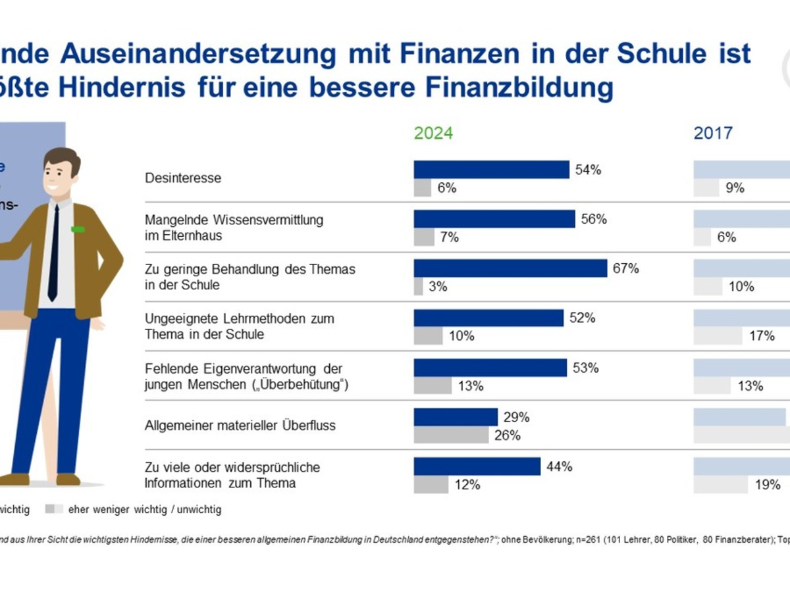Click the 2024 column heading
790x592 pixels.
coord(433,133)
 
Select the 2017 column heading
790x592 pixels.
coord(713,133)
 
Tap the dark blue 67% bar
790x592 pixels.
coord(510,268)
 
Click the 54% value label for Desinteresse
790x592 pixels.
coord(588,170)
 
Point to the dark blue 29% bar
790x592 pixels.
coord(456,417)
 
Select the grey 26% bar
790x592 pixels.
coord(452,435)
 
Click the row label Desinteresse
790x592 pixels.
coord(183,178)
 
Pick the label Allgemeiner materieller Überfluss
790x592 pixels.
coord(240,426)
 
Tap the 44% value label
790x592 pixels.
coord(559,467)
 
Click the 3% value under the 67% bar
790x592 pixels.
coord(438,287)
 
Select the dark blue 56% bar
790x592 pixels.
coord(494,219)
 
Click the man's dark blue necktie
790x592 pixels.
coord(53,253)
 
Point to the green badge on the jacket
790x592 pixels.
coord(78,229)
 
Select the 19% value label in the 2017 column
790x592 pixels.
coord(768,485)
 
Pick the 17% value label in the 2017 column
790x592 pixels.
coord(762,336)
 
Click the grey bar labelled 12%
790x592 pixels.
coord(431,485)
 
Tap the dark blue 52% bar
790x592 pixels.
coord(488,318)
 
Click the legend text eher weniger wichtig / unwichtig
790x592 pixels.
coord(145,509)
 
